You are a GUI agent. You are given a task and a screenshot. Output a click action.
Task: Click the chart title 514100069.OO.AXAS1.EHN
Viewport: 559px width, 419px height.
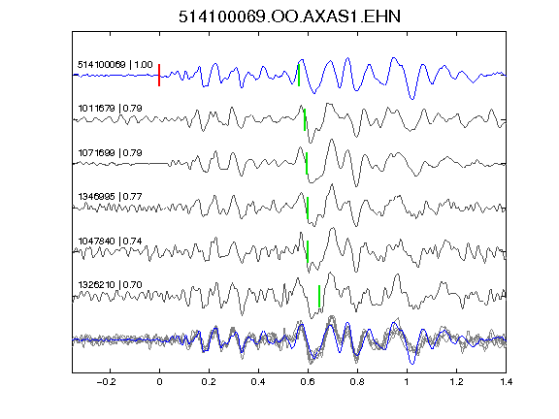pyautogui.click(x=289, y=16)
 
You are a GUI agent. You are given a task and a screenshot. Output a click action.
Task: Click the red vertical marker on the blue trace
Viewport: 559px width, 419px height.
pyautogui.click(x=159, y=76)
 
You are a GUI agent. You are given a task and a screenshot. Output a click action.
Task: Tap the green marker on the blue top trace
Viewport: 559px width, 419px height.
pyautogui.click(x=299, y=76)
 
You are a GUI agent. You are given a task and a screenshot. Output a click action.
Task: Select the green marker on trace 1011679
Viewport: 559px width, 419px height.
pyautogui.click(x=305, y=119)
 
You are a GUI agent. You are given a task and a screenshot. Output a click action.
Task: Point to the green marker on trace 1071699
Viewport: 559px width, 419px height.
pyautogui.click(x=307, y=163)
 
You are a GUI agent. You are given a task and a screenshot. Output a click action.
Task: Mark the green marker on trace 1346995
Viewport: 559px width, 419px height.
pyautogui.click(x=308, y=208)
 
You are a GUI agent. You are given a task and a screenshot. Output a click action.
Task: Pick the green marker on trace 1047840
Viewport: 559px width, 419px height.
pyautogui.click(x=308, y=251)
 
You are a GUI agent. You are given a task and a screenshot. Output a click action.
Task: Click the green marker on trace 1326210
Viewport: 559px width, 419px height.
pyautogui.click(x=319, y=296)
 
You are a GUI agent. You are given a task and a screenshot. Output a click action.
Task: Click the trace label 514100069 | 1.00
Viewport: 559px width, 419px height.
pyautogui.click(x=115, y=65)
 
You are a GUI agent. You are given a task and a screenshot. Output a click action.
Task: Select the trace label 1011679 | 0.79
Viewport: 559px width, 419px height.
pyautogui.click(x=111, y=109)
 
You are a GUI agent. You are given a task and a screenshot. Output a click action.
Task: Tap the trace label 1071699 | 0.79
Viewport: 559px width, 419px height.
pyautogui.click(x=111, y=153)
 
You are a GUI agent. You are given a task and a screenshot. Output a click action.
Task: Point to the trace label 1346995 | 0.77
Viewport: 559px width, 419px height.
pyautogui.click(x=111, y=197)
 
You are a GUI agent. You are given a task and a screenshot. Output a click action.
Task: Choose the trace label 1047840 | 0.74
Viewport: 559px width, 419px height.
pyautogui.click(x=111, y=242)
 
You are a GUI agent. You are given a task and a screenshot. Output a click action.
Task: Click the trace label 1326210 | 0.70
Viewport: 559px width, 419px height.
pyautogui.click(x=111, y=285)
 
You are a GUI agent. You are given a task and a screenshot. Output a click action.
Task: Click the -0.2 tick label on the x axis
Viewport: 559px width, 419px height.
pyautogui.click(x=107, y=382)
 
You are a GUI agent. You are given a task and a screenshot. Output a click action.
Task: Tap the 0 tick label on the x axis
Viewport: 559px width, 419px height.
pyautogui.click(x=159, y=382)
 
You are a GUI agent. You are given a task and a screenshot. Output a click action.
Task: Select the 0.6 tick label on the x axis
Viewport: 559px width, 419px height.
pyautogui.click(x=308, y=382)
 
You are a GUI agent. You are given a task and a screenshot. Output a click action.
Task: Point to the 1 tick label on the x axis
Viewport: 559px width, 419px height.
pyautogui.click(x=407, y=382)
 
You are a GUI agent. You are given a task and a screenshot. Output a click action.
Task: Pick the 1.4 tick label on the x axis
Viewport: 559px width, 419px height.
pyautogui.click(x=507, y=382)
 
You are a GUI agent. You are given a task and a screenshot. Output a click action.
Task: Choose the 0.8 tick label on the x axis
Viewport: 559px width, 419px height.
pyautogui.click(x=357, y=382)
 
